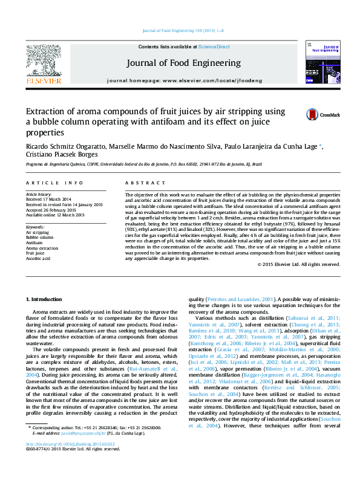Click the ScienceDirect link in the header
coord(214,47)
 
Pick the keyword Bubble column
coord(40,237)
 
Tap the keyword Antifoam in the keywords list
coord(36,242)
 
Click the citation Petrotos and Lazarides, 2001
coord(241,299)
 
